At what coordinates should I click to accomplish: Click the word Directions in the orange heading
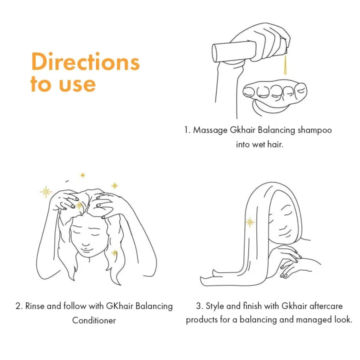pos(85,62)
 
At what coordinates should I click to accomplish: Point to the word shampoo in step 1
pos(314,130)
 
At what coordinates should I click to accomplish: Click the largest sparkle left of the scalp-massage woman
pos(46,191)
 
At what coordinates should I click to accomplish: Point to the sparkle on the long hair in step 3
pos(249,222)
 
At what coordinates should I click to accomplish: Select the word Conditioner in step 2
pos(94,320)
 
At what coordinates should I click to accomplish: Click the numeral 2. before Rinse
pos(19,306)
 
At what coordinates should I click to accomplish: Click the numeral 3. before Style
pos(199,306)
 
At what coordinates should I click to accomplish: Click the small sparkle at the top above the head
pos(82,175)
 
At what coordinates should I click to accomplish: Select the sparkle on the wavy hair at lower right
pos(114,253)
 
